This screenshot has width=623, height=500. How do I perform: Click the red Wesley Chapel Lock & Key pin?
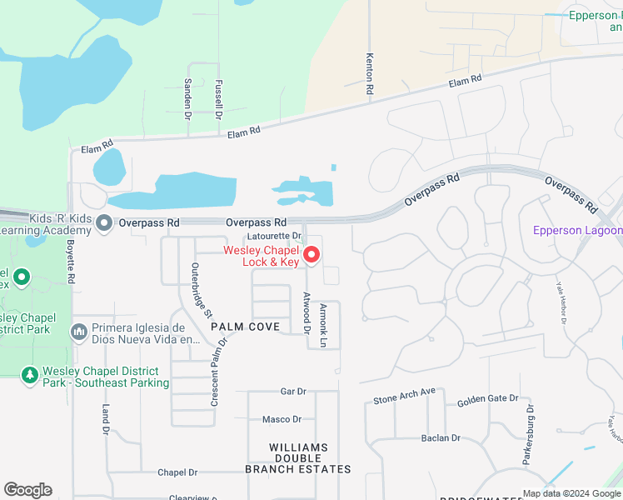tap(311, 254)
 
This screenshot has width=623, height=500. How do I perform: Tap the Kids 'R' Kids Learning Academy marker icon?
tap(104, 222)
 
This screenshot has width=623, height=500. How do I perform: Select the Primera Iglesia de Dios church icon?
tap(79, 332)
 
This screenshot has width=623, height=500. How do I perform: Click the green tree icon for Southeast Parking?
tap(30, 376)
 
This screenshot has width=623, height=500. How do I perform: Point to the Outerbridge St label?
tap(201, 286)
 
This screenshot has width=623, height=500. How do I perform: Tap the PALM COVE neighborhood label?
tap(245, 327)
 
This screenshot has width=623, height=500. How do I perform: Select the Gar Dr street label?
tap(293, 391)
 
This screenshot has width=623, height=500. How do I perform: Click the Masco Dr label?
tap(282, 419)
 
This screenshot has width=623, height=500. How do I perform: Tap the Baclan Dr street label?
tap(441, 437)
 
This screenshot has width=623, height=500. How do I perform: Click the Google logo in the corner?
tap(28, 490)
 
